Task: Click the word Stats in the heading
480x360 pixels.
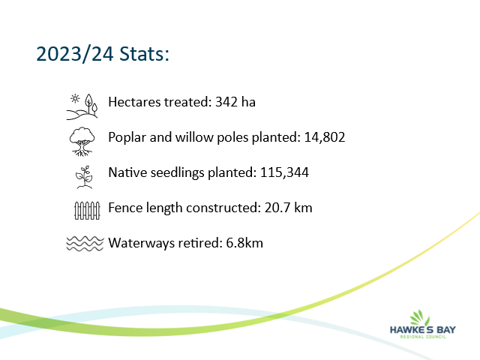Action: [144, 54]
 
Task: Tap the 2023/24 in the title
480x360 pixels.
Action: [75, 54]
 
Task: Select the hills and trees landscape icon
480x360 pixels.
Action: [82, 106]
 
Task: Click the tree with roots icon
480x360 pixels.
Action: [82, 142]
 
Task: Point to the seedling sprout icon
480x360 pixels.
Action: [84, 177]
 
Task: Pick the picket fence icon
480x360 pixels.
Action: [87, 211]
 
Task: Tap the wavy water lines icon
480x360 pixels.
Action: [85, 244]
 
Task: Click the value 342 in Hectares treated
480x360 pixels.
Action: [226, 102]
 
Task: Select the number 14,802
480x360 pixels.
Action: [325, 137]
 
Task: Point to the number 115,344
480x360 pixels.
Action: [284, 172]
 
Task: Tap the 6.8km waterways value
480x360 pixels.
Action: [244, 243]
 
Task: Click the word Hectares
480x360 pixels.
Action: [134, 102]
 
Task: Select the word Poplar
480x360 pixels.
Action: [127, 138]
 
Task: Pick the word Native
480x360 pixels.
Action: [127, 172]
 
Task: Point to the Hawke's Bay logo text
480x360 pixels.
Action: [423, 330]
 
